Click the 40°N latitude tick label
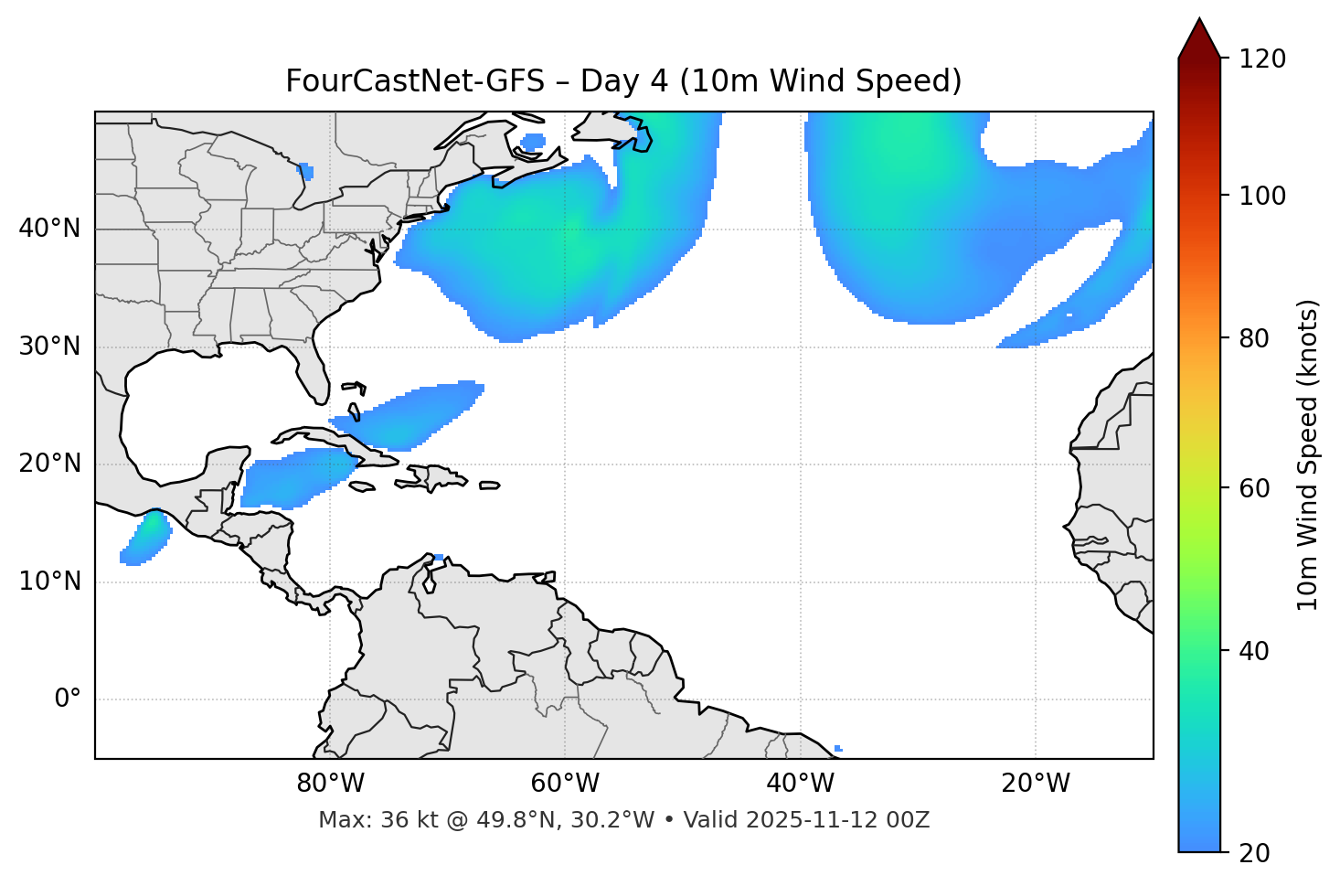49,229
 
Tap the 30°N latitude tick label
49,347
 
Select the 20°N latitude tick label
49,464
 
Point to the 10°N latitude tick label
49,582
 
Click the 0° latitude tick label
68,699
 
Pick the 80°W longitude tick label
330,784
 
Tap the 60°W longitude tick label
565,784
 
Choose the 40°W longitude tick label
800,784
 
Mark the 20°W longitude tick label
1035,784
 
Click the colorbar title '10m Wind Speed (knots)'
1308,454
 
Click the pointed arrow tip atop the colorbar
1199,22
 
